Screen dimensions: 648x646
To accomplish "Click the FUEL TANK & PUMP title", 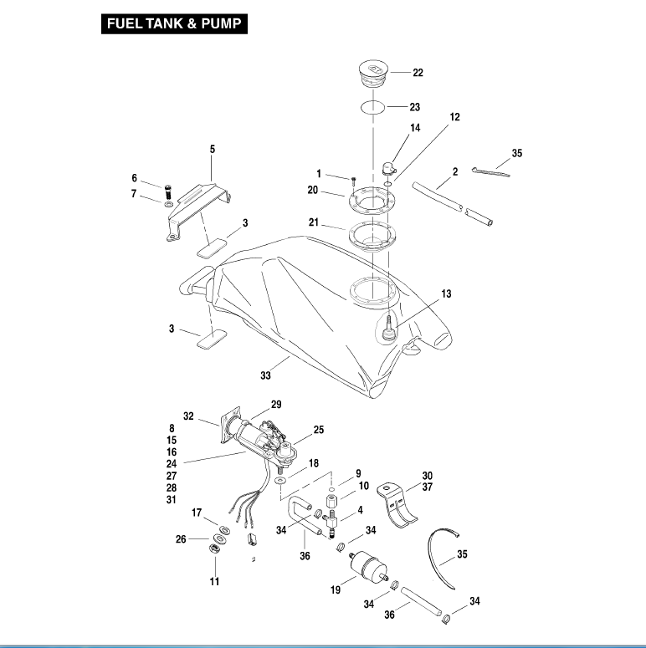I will coord(175,24).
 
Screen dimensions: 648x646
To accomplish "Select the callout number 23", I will coord(414,107).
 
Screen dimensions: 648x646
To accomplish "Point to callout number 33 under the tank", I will coord(265,375).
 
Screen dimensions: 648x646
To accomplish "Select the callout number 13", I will coord(446,293).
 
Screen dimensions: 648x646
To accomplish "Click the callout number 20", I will coord(313,190).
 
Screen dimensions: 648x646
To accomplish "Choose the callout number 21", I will coord(313,223).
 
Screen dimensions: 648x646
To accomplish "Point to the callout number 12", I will coord(454,118).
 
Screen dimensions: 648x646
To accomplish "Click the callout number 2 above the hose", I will coord(454,171).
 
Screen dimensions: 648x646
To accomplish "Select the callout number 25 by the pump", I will coord(318,429).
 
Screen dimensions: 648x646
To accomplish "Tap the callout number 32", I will coord(188,416).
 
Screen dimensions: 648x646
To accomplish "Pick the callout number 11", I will coord(214,581).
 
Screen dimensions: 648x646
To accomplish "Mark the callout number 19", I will coord(336,590).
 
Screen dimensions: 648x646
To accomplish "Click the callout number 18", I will coord(313,462).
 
